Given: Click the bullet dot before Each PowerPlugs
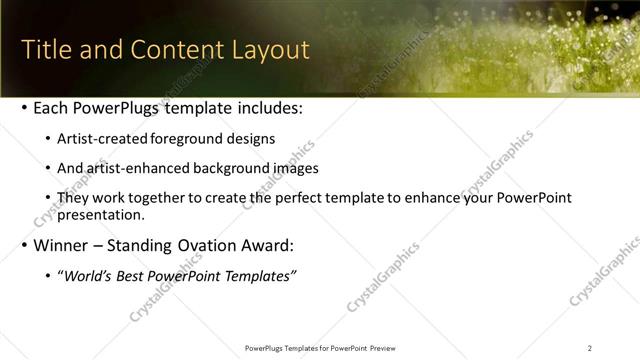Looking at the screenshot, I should coord(24,107).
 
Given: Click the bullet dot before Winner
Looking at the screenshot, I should coord(24,245).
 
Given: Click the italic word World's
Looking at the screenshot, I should coord(87,275).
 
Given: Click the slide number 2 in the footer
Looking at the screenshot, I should coord(590,347).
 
